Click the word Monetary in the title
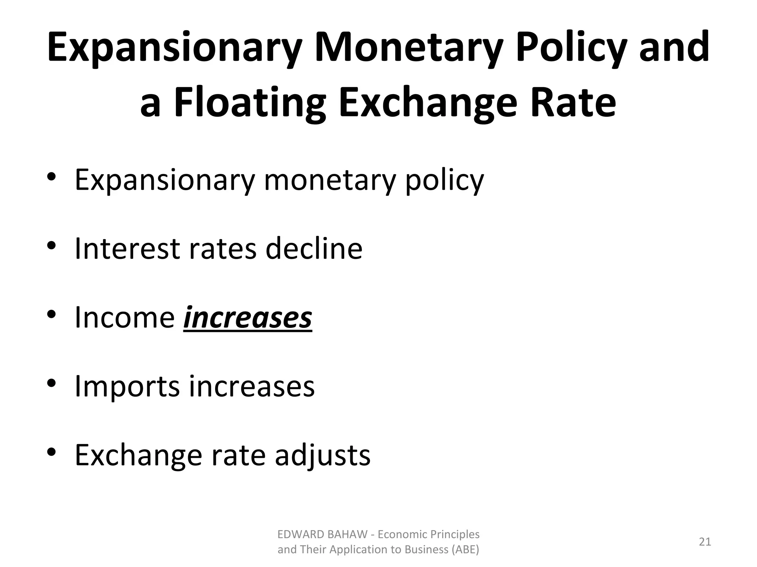tap(409, 48)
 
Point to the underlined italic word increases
tap(248, 317)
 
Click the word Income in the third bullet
tap(125, 317)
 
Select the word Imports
tap(127, 387)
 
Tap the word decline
tap(314, 248)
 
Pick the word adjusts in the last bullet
tap(322, 455)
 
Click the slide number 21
tap(705, 542)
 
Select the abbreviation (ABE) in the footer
tap(465, 550)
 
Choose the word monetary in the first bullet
tap(329, 180)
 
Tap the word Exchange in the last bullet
tap(138, 455)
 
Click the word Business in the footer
tap(426, 550)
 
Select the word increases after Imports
tap(252, 387)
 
